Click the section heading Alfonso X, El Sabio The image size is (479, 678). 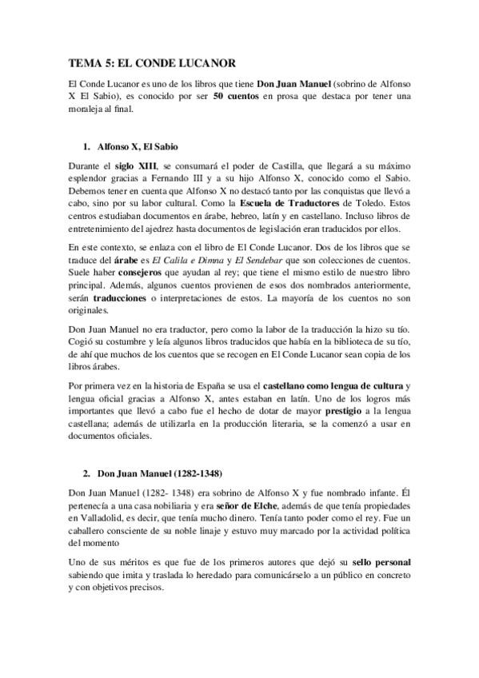(137, 148)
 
